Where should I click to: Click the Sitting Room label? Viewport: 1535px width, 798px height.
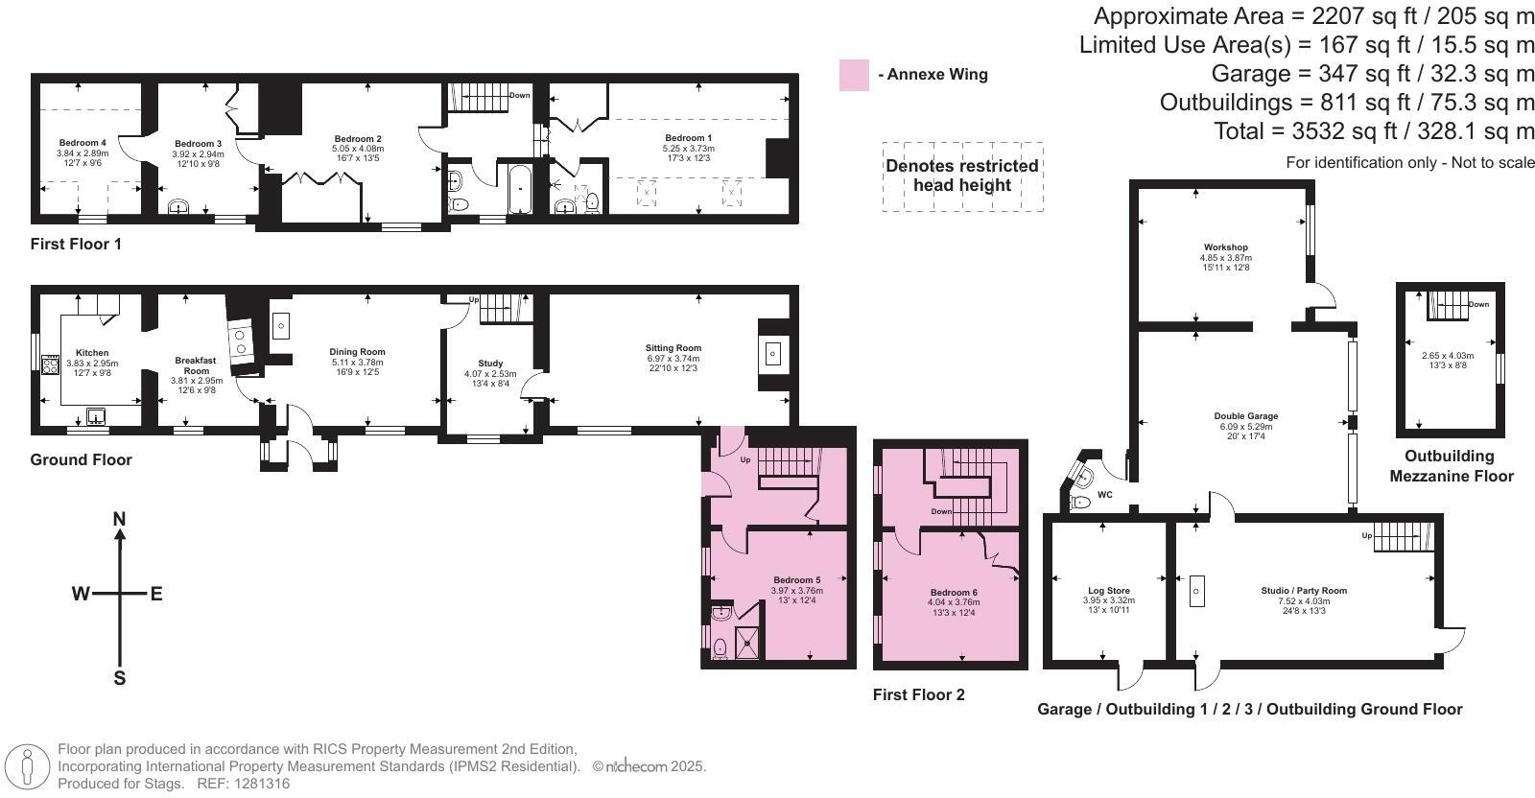click(x=673, y=348)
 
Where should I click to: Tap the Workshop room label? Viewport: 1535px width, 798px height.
click(x=1225, y=247)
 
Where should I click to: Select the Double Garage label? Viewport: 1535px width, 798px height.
click(x=1248, y=416)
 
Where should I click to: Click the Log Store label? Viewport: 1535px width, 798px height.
click(x=1108, y=591)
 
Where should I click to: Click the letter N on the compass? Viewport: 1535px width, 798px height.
click(x=120, y=520)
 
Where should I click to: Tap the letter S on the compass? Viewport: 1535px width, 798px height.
click(x=120, y=678)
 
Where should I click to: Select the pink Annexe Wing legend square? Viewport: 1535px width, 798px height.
click(x=854, y=75)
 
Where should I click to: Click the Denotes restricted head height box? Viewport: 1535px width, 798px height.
click(x=961, y=176)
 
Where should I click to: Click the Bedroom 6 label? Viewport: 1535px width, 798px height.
click(x=954, y=592)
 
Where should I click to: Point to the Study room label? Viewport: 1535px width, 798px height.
click(x=490, y=364)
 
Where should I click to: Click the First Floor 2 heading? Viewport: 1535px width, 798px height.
click(x=918, y=694)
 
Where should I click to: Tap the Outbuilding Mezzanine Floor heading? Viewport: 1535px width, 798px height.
click(x=1451, y=466)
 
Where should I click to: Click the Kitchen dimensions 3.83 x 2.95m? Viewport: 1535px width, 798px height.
click(x=92, y=364)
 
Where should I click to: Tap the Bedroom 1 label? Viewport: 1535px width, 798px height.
click(x=688, y=138)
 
